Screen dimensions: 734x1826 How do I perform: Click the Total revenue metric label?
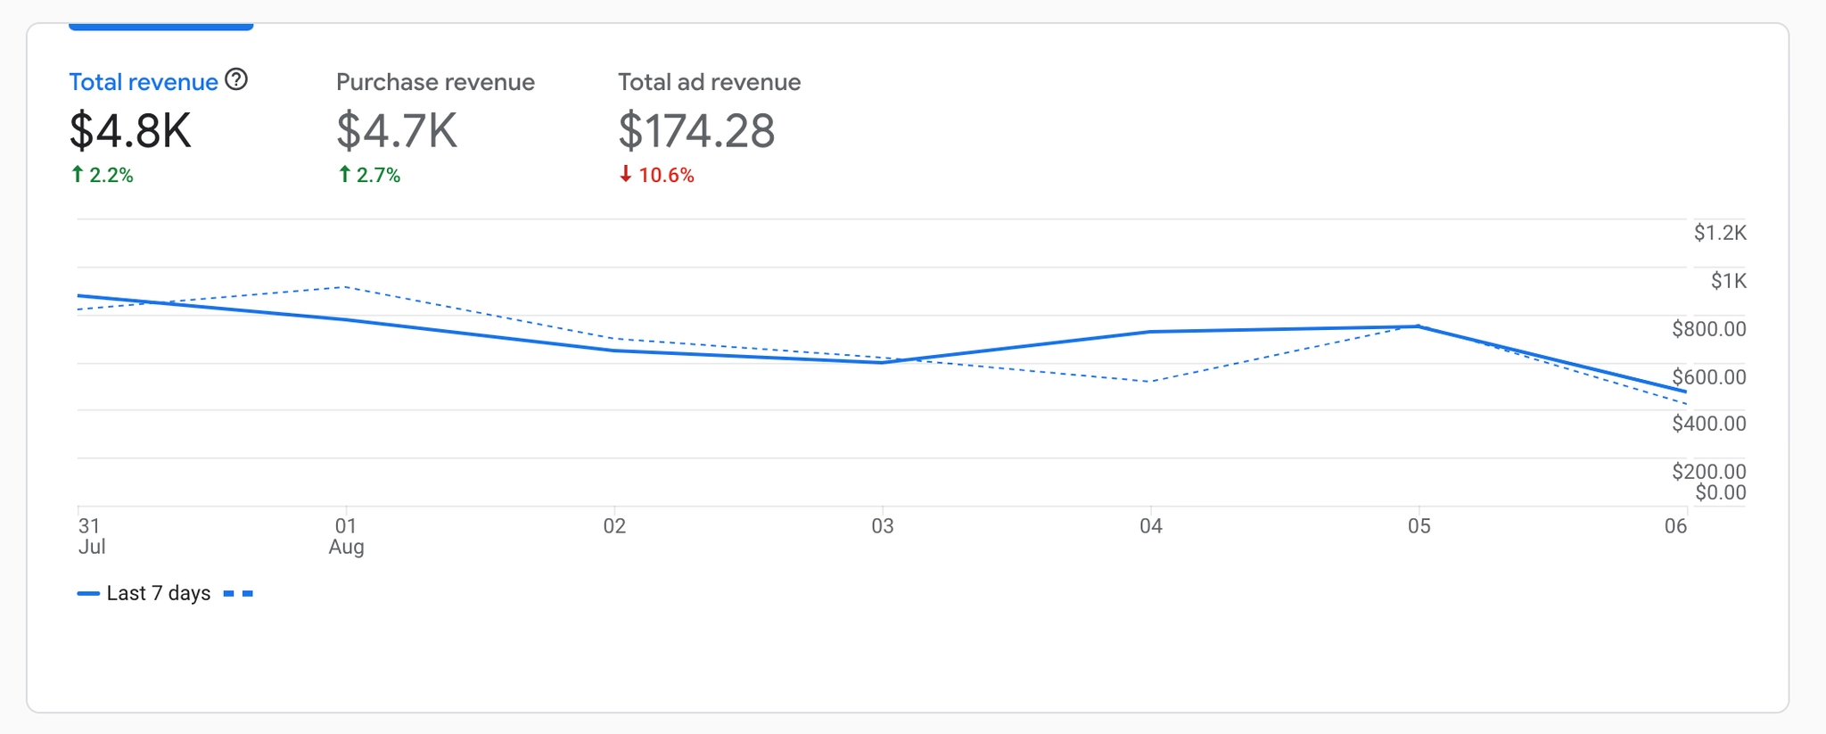point(144,82)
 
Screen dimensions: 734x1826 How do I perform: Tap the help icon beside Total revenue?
point(236,80)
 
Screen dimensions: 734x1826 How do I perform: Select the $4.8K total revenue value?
point(130,130)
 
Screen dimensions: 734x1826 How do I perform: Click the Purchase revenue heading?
point(435,82)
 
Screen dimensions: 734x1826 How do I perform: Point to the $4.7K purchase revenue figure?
point(397,130)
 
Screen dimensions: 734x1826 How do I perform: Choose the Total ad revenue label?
point(709,82)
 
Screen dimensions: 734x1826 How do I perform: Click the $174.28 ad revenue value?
point(696,130)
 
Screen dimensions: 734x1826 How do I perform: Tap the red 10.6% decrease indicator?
point(657,175)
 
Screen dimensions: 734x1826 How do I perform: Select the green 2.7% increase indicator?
point(369,175)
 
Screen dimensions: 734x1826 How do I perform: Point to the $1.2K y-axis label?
point(1720,233)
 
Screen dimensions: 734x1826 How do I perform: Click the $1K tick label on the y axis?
point(1728,281)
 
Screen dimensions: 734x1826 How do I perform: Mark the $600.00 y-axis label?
point(1708,376)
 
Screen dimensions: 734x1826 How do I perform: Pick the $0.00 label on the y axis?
point(1720,492)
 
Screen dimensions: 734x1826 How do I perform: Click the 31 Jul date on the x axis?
point(90,535)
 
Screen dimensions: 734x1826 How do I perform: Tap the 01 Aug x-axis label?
point(346,535)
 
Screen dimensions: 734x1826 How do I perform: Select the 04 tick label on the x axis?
point(1150,526)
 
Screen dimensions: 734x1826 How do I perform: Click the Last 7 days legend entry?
point(158,593)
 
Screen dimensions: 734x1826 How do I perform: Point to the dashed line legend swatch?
point(238,593)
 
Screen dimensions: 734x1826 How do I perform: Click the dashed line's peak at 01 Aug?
point(345,287)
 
